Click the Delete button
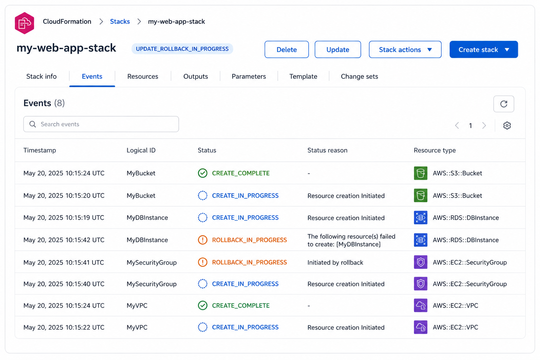[x=287, y=50]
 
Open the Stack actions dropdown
[x=405, y=50]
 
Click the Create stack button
[x=484, y=50]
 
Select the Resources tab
[x=143, y=76]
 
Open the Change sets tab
[x=359, y=76]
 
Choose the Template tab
[x=303, y=76]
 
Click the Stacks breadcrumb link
[x=120, y=21]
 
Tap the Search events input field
[x=101, y=124]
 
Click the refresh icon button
[x=503, y=104]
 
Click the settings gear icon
[x=507, y=126]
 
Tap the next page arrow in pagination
[x=484, y=126]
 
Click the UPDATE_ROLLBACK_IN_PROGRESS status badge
[x=182, y=49]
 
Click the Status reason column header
[x=327, y=150]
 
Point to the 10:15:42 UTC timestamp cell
[x=64, y=240]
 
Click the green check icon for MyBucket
[x=202, y=173]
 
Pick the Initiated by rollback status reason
[x=335, y=262]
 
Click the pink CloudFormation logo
[x=24, y=23]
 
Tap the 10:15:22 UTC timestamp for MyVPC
[x=64, y=327]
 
